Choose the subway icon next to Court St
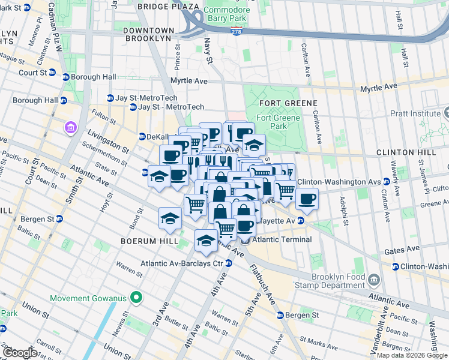(x=52, y=73)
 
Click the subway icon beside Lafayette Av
(x=301, y=221)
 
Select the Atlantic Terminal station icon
(x=246, y=240)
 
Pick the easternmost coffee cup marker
(x=307, y=199)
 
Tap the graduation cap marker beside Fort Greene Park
(x=254, y=145)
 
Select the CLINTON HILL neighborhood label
(x=406, y=152)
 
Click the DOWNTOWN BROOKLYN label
(x=148, y=34)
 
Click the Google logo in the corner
(x=20, y=352)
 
